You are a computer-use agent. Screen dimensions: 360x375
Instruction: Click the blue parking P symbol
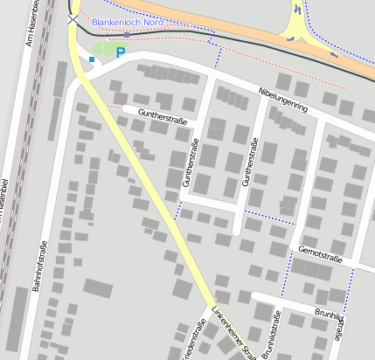(121, 53)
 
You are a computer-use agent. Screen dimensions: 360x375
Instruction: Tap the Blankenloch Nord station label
(128, 22)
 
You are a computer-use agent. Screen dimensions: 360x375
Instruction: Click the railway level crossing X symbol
(73, 17)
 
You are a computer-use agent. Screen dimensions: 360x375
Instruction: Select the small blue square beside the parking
(92, 59)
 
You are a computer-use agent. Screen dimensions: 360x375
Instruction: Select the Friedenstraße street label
(197, 343)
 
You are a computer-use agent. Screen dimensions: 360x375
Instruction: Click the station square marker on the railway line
(127, 34)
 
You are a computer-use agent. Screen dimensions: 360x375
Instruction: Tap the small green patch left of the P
(103, 50)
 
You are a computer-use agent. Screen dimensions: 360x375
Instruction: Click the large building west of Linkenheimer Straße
(98, 287)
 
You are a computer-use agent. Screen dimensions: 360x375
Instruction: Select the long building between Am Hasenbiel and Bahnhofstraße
(17, 315)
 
